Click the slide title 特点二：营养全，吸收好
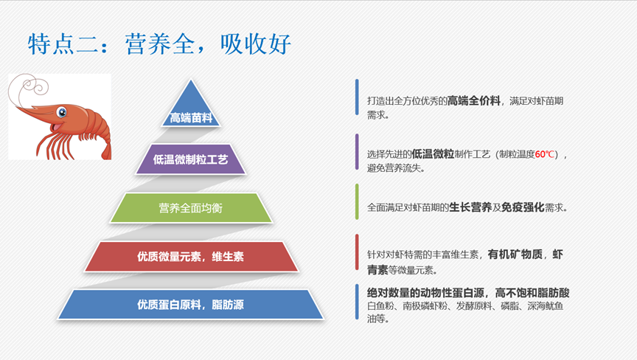click(159, 44)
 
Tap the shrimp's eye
click(62, 111)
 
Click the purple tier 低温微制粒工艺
click(190, 159)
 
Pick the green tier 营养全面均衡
click(191, 208)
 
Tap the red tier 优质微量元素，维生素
click(191, 257)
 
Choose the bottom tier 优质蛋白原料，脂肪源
click(190, 305)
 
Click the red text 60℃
click(545, 154)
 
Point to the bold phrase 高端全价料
click(473, 101)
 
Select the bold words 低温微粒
click(433, 154)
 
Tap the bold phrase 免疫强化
click(523, 207)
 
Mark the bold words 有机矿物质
click(515, 255)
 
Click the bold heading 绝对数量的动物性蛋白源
click(425, 293)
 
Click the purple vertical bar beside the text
click(357, 151)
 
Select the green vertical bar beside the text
click(357, 201)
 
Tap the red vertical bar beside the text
click(357, 252)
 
